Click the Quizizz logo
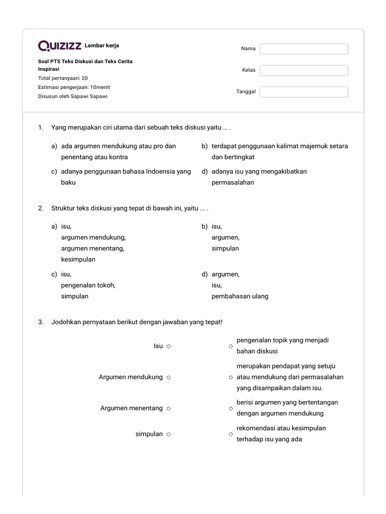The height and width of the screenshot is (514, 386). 60,46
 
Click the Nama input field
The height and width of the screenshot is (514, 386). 304,49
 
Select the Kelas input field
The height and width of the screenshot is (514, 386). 304,70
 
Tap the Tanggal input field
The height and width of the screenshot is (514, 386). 304,92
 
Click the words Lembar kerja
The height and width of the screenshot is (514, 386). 102,46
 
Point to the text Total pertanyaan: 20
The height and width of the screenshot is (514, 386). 63,78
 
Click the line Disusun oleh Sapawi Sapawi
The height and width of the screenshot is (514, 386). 72,96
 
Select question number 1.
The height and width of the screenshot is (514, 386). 41,128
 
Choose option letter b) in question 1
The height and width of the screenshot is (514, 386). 205,146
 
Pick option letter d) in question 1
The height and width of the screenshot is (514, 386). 205,172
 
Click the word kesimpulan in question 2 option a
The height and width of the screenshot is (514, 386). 78,260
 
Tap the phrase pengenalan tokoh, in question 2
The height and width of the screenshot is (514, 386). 88,285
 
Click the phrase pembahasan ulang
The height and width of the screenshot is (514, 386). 240,296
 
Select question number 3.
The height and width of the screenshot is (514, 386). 41,322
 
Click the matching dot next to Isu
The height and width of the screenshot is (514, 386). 169,346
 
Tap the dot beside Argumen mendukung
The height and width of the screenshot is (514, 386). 169,377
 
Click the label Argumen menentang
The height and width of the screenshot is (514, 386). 131,408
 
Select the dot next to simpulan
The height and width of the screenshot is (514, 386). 169,434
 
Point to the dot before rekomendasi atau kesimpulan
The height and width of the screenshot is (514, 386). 231,434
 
